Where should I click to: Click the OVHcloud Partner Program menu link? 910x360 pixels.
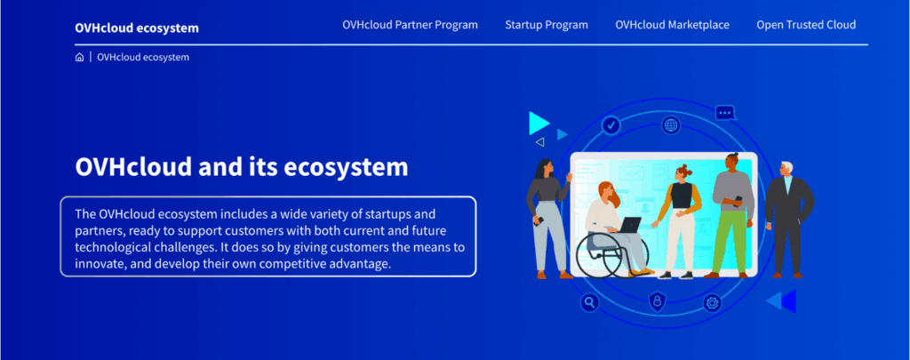[x=410, y=25]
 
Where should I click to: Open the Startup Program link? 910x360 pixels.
[x=547, y=25]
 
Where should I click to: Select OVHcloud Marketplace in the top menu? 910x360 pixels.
[x=672, y=25]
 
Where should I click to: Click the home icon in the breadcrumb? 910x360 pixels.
[x=80, y=57]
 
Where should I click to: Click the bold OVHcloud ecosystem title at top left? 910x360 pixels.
[x=137, y=28]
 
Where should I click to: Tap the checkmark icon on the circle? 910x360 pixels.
[x=611, y=125]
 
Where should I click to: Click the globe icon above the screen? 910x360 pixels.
[x=670, y=125]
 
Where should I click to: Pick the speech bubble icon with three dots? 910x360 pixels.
[x=725, y=113]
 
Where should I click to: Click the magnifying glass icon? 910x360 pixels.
[x=588, y=303]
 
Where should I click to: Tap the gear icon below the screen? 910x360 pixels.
[x=712, y=303]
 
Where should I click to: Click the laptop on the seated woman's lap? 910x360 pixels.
[x=630, y=226]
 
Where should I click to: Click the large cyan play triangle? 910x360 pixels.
[x=538, y=123]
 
